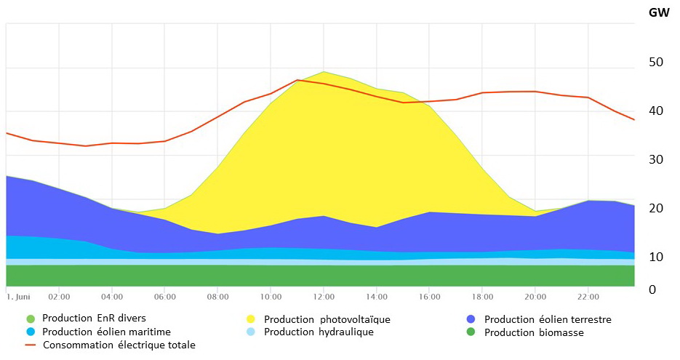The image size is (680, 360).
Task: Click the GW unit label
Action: click(x=660, y=12)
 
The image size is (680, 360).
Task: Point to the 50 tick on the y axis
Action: click(x=656, y=62)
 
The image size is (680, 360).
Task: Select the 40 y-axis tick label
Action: click(x=656, y=111)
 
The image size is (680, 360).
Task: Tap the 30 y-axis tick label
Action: click(x=656, y=159)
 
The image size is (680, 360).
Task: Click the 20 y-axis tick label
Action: click(x=656, y=208)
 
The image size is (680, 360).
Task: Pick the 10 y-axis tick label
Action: click(x=656, y=257)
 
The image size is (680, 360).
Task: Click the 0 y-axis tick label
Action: click(x=652, y=289)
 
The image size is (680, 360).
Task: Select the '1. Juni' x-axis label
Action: click(x=19, y=297)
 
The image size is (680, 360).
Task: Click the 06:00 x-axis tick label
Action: click(x=164, y=297)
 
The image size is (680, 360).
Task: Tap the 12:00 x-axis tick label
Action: click(x=324, y=297)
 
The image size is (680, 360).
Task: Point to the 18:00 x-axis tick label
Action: click(x=482, y=297)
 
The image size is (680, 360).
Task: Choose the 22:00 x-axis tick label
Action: click(x=588, y=297)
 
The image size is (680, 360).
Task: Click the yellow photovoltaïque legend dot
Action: click(x=251, y=319)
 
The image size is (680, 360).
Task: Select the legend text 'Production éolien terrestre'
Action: click(x=548, y=319)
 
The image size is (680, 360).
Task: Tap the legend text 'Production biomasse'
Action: click(x=534, y=332)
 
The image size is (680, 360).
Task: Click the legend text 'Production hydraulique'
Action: click(x=319, y=332)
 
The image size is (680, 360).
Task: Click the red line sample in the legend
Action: click(x=30, y=345)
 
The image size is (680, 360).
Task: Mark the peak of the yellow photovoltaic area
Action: click(x=324, y=71)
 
